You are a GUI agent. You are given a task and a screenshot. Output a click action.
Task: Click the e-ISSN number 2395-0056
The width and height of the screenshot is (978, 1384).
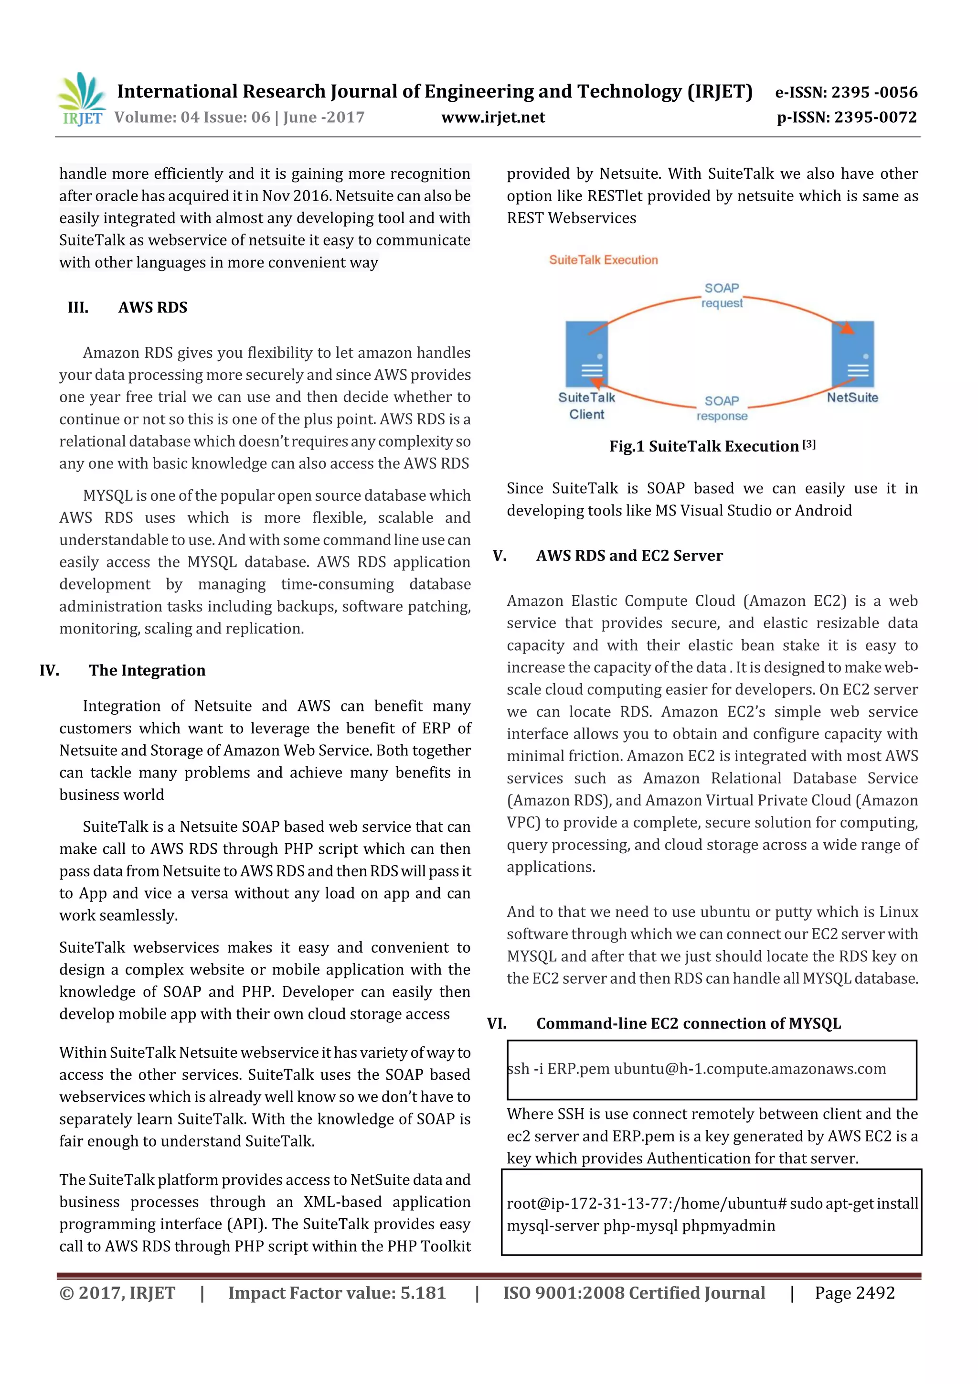click(x=846, y=92)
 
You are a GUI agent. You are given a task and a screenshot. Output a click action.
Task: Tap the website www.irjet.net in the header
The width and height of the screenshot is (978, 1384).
click(x=492, y=117)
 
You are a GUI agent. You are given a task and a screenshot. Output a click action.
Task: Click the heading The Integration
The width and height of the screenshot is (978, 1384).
click(x=147, y=670)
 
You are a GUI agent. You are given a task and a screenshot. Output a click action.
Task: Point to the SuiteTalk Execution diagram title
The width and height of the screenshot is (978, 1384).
click(x=603, y=260)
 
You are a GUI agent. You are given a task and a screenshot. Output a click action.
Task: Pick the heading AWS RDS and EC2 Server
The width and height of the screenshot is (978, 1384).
click(x=629, y=555)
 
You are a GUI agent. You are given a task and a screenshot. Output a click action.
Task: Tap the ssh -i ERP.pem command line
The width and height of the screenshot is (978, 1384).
click(x=696, y=1069)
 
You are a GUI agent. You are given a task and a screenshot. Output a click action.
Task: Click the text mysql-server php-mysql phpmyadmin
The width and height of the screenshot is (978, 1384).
click(x=640, y=1225)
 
